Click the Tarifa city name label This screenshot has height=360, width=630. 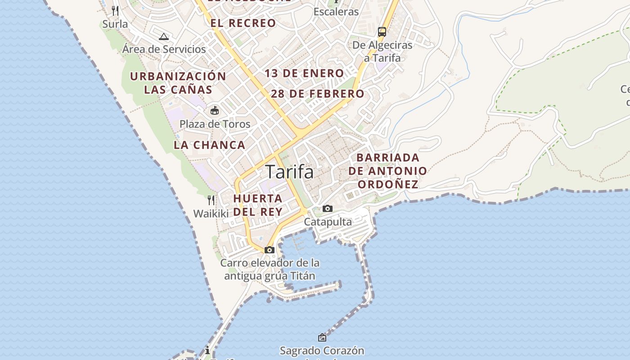pyautogui.click(x=289, y=172)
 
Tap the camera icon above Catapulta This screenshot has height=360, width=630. pyautogui.click(x=328, y=208)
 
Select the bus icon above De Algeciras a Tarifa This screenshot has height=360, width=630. pyautogui.click(x=382, y=31)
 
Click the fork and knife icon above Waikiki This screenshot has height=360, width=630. pyautogui.click(x=211, y=200)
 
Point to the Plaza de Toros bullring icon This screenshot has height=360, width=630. pyautogui.click(x=215, y=110)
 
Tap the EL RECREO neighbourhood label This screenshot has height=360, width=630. pyautogui.click(x=243, y=23)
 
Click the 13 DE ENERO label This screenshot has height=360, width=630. pyautogui.click(x=304, y=73)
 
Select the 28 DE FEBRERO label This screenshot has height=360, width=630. pyautogui.click(x=318, y=94)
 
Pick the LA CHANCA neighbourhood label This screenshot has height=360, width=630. pyautogui.click(x=210, y=145)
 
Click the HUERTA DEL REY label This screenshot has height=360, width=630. pyautogui.click(x=258, y=205)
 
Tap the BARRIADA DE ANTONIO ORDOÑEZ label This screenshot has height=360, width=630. pyautogui.click(x=387, y=171)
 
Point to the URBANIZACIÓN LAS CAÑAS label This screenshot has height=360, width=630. pyautogui.click(x=178, y=83)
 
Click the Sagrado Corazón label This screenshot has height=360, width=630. pyautogui.click(x=322, y=351)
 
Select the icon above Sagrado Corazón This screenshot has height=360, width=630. pyautogui.click(x=322, y=337)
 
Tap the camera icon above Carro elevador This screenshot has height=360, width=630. pyautogui.click(x=270, y=250)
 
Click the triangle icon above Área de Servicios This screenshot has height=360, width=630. pyautogui.click(x=164, y=36)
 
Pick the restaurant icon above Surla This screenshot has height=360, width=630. pyautogui.click(x=116, y=11)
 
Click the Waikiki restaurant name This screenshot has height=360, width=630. pyautogui.click(x=211, y=213)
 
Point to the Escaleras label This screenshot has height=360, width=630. pyautogui.click(x=336, y=12)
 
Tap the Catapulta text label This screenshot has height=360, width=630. pyautogui.click(x=328, y=222)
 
